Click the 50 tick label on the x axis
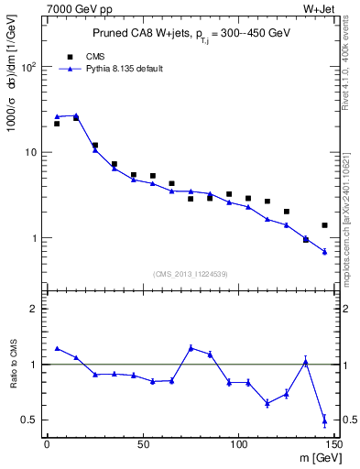point(143,445)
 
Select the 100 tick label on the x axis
point(238,445)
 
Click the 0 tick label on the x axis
point(47,445)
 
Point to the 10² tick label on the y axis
point(28,67)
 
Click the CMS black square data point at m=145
point(324,225)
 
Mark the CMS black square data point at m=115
point(267,202)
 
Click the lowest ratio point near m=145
point(324,421)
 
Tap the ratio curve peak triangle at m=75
point(191,347)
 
